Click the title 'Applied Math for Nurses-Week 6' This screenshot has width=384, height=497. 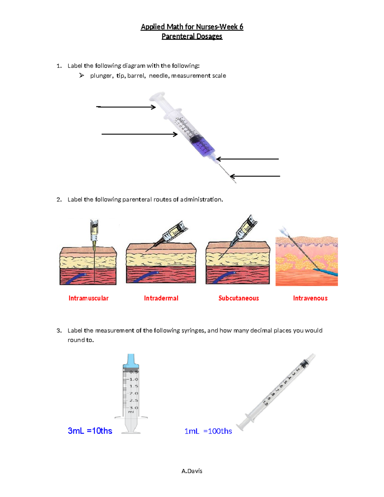click(192, 27)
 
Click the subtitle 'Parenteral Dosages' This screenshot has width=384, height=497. click(192, 36)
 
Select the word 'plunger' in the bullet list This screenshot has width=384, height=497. click(101, 76)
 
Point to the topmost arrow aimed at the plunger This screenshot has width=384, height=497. click(126, 107)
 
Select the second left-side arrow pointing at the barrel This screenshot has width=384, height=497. click(139, 134)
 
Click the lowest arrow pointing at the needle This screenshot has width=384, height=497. click(255, 176)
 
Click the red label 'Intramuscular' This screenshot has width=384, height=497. click(88, 298)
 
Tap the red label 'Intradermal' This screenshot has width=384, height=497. click(161, 298)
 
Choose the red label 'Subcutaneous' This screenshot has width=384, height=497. click(238, 298)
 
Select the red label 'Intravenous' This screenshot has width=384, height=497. click(310, 298)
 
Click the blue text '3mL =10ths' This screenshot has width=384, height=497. click(90, 431)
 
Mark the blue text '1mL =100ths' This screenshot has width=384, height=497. click(208, 431)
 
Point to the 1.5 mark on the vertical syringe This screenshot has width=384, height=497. click(134, 386)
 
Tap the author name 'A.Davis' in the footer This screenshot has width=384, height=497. click(192, 471)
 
